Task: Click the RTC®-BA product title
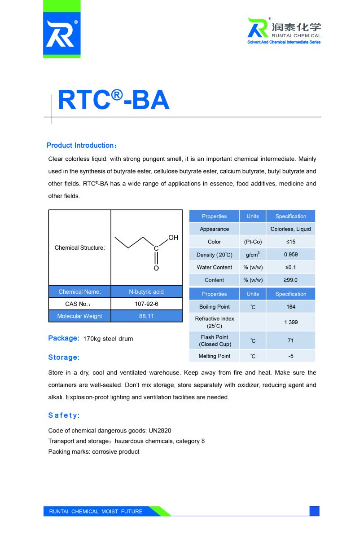pyautogui.click(x=114, y=100)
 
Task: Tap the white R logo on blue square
pyautogui.click(x=62, y=35)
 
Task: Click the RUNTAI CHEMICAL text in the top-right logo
pyautogui.click(x=296, y=35)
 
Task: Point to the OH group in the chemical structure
pyautogui.click(x=173, y=237)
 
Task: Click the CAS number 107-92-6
pyautogui.click(x=146, y=304)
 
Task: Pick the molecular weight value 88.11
pyautogui.click(x=146, y=316)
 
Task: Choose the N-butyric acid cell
pyautogui.click(x=146, y=292)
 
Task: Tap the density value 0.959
pyautogui.click(x=290, y=255)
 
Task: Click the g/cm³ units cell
pyautogui.click(x=253, y=255)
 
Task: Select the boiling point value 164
pyautogui.click(x=290, y=307)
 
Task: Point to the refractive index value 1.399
pyautogui.click(x=290, y=322)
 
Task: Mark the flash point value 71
pyautogui.click(x=290, y=340)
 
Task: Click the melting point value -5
pyautogui.click(x=290, y=356)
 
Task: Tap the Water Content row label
pyautogui.click(x=214, y=267)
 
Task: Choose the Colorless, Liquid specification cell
pyautogui.click(x=290, y=229)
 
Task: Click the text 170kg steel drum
pyautogui.click(x=108, y=339)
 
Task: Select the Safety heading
pyautogui.click(x=64, y=415)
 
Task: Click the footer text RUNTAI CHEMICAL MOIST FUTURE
pyautogui.click(x=96, y=511)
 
